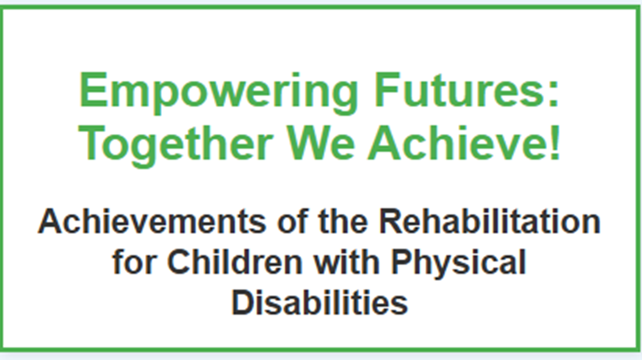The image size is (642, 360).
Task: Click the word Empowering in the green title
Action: tap(218, 93)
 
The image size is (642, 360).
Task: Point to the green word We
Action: tap(321, 143)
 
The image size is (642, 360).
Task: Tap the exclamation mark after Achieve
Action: tap(555, 142)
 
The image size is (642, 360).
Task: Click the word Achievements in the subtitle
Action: tap(152, 222)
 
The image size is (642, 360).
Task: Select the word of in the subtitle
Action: tap(293, 221)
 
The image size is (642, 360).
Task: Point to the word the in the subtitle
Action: tap(343, 221)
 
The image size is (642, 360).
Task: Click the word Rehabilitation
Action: tap(490, 221)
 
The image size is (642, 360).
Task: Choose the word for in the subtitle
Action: tap(135, 261)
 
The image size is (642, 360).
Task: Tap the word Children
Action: tap(235, 261)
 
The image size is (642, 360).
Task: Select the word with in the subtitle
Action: tap(347, 261)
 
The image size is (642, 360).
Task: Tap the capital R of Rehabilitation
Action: tap(392, 221)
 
